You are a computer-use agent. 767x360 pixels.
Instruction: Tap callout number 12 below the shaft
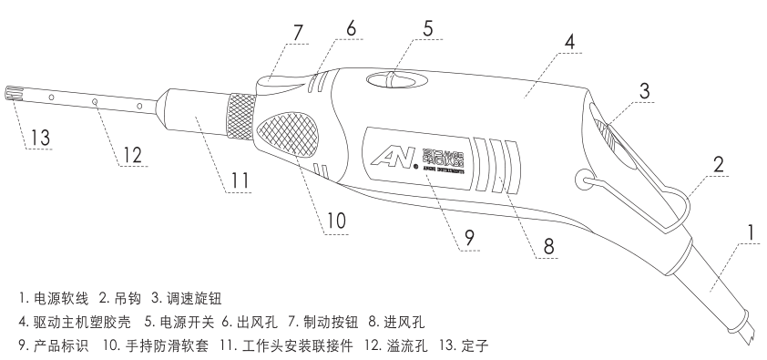pos(133,156)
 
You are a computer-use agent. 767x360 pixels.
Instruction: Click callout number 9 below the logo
pos(468,237)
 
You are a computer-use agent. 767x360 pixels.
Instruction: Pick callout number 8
pos(548,245)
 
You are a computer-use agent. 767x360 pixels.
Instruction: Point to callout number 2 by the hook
pos(718,165)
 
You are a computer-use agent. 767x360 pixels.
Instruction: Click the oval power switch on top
pos(394,81)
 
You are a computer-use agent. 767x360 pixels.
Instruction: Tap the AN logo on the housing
pos(389,156)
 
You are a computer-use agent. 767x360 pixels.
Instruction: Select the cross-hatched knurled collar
pos(240,117)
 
